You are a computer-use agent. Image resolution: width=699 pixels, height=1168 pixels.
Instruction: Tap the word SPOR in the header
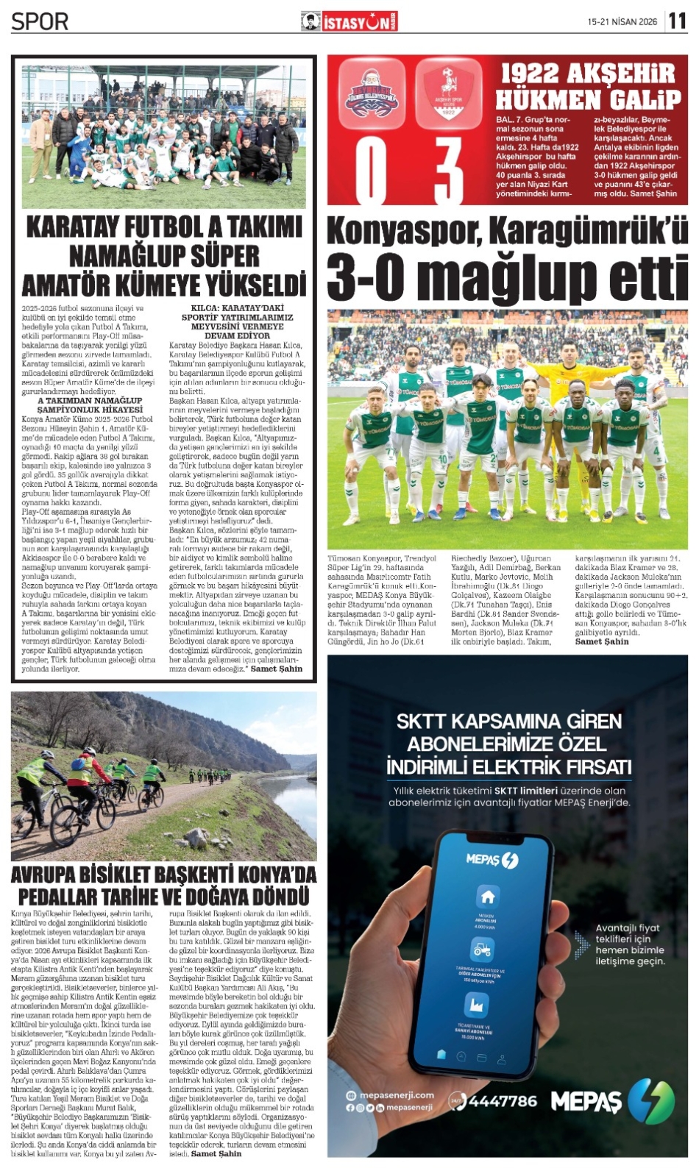click(40, 21)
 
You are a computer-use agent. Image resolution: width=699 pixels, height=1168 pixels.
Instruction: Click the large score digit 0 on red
click(372, 171)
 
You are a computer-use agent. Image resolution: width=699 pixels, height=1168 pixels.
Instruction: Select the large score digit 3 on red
click(447, 171)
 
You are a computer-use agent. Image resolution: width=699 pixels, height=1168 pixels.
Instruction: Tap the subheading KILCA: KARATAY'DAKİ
click(237, 308)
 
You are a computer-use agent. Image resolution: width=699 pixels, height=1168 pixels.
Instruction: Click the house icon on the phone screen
click(487, 897)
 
